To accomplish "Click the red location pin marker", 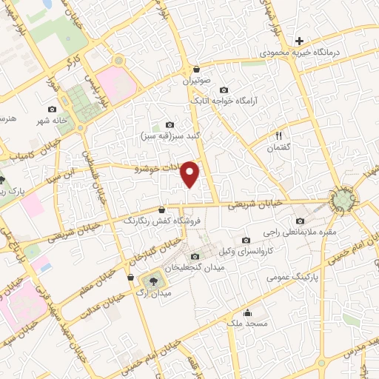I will [x=191, y=174].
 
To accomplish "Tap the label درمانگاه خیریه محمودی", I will [x=303, y=54].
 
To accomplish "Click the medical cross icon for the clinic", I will [x=299, y=40].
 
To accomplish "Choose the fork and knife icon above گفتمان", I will [x=280, y=135].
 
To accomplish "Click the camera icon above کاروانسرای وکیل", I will [x=246, y=239].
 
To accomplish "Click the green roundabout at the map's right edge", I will [x=343, y=199].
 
